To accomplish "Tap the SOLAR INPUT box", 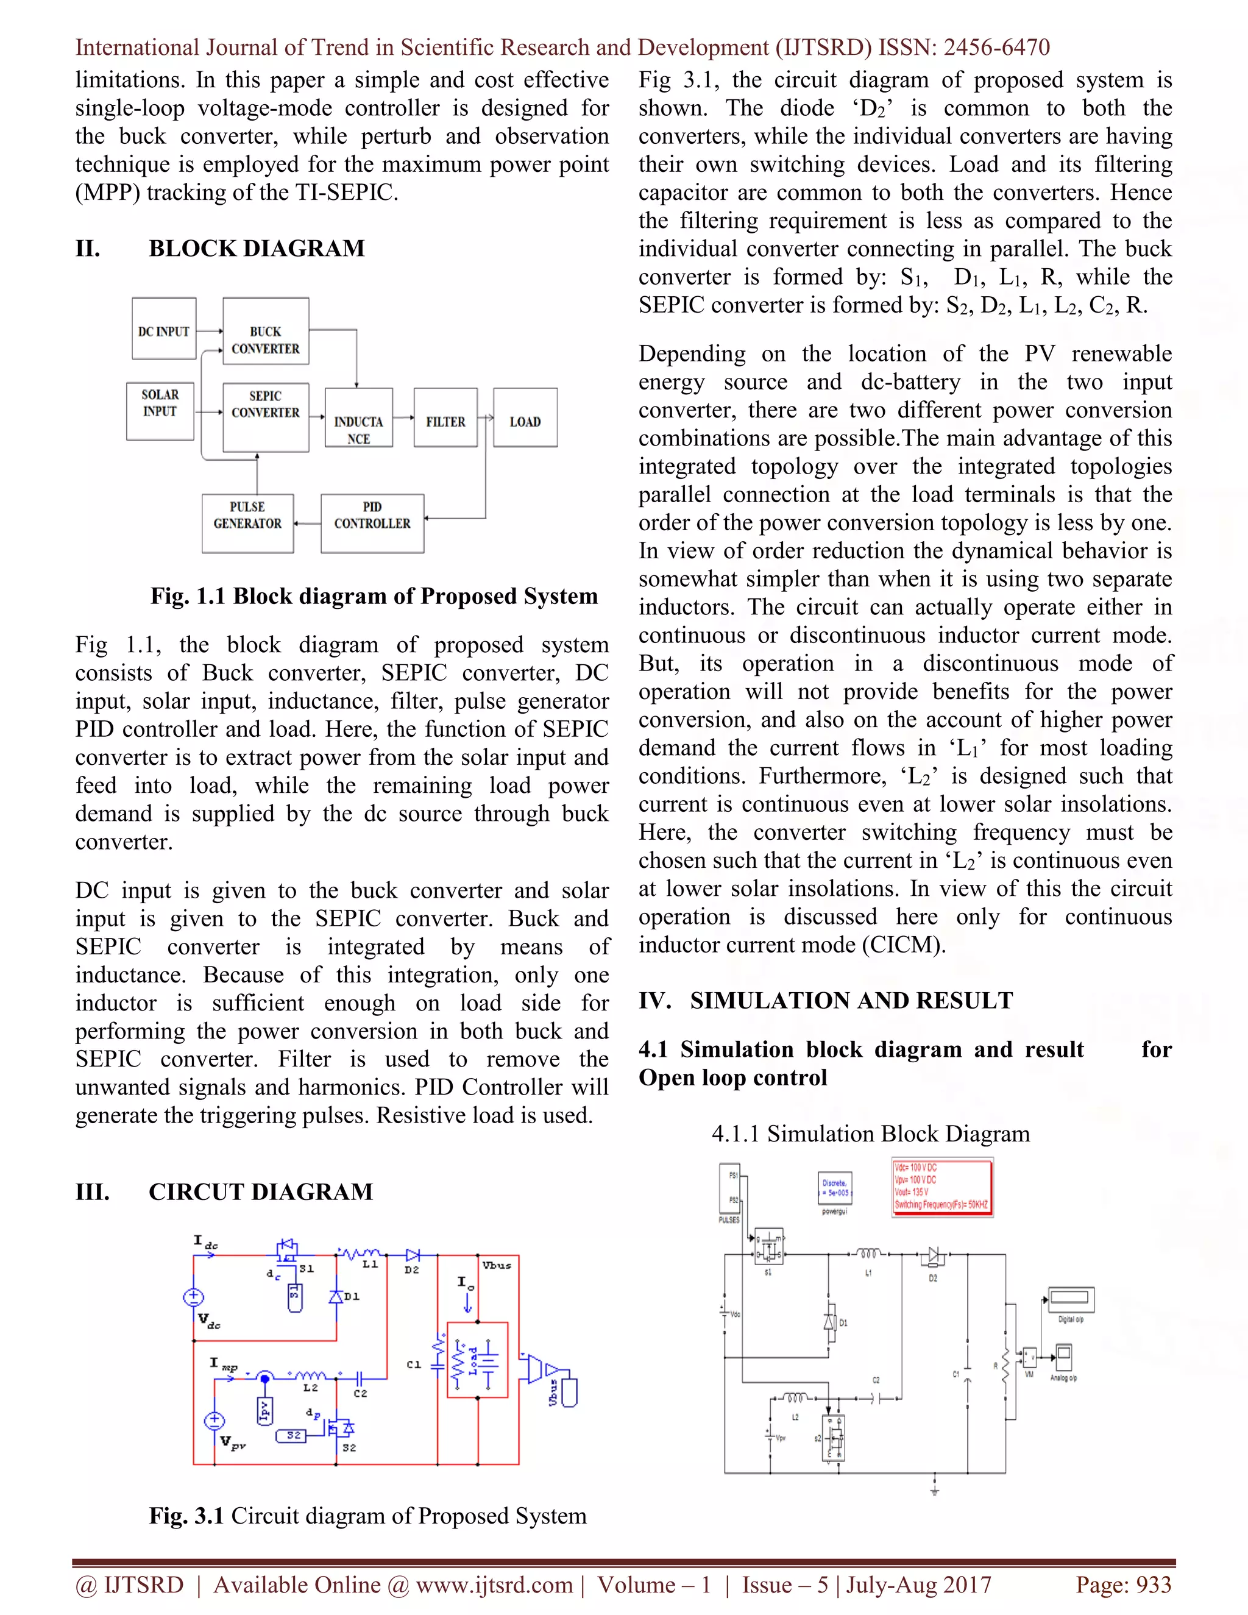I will [x=160, y=411].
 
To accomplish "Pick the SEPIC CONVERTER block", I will [x=266, y=416].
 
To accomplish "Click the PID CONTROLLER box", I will [x=372, y=523].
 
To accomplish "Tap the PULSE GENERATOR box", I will [x=247, y=523].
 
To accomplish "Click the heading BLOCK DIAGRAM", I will [x=257, y=249].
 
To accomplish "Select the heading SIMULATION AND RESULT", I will [x=850, y=1001].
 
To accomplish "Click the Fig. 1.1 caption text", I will [x=374, y=596].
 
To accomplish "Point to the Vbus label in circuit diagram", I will [x=497, y=1265].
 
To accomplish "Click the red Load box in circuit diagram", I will [x=478, y=1360].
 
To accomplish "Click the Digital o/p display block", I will [x=1070, y=1299].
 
